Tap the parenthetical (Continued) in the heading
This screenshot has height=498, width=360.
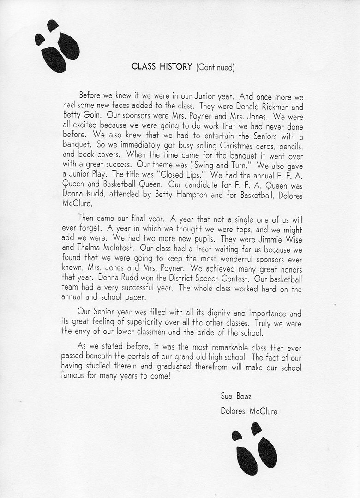(x=215, y=67)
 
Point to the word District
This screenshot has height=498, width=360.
(x=175, y=279)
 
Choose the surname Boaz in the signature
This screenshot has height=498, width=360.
(x=244, y=397)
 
